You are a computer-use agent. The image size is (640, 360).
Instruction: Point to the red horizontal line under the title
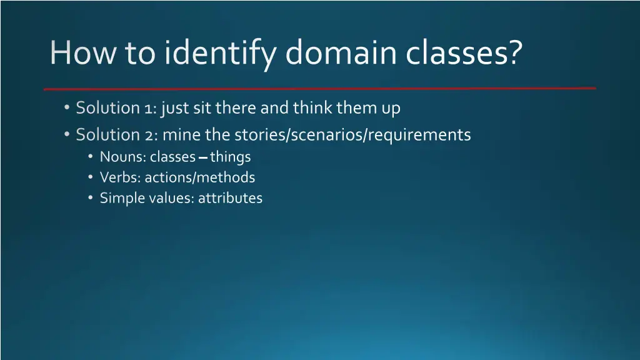coord(319,88)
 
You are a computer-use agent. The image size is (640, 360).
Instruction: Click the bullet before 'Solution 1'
coord(67,107)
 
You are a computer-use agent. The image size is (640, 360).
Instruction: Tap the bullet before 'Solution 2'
coord(67,134)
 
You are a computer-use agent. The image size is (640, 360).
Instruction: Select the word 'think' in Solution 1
coord(312,108)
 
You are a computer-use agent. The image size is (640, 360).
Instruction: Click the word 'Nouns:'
coord(122,157)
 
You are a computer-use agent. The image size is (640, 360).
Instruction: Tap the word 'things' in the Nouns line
coord(231,157)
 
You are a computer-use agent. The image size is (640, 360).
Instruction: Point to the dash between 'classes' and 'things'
coord(203,157)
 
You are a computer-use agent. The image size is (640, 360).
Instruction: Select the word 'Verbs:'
coord(121,177)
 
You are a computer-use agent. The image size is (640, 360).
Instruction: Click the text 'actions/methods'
coord(200,177)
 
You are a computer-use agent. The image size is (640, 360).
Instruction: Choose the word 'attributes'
coord(231,199)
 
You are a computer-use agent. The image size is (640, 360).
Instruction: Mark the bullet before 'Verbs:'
coord(91,177)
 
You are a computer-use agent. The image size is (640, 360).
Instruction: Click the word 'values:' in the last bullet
coord(172,199)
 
